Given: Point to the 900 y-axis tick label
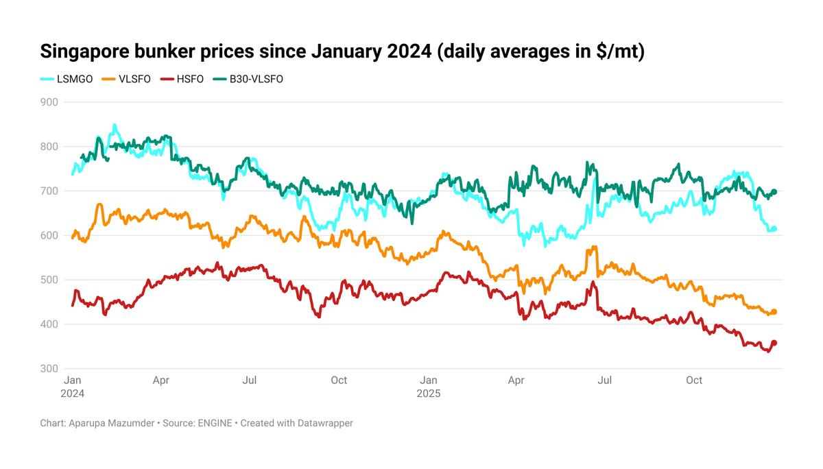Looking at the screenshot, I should [x=49, y=102].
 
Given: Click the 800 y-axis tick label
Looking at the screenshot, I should [x=49, y=147].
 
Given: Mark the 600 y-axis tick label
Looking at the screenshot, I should [x=49, y=235].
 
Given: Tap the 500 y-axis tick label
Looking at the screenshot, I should [x=49, y=280].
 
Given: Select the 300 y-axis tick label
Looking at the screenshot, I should [x=49, y=369].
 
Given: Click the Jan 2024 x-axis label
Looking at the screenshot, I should [x=73, y=387].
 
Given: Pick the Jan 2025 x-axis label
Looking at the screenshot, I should [x=428, y=387].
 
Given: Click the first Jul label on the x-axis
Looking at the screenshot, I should [x=250, y=380].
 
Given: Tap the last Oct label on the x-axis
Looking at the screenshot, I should [x=694, y=380].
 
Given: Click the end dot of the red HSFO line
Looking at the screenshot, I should [x=774, y=343].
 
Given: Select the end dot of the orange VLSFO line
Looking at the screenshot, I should [x=774, y=312].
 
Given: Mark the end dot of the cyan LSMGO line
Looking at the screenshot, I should [x=774, y=229].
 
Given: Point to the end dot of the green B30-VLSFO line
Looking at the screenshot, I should [x=774, y=191].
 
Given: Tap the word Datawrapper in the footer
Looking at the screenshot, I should [x=325, y=423].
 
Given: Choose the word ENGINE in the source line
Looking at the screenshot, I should [x=215, y=423].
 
